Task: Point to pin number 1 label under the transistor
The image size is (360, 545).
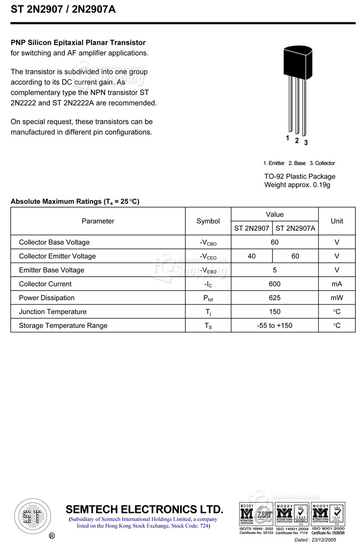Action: click(x=288, y=138)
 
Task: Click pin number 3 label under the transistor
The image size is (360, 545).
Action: click(x=306, y=142)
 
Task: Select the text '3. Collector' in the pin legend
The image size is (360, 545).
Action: click(x=322, y=163)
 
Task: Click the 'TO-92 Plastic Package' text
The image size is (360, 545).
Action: click(x=300, y=177)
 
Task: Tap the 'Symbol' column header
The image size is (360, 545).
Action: click(x=208, y=221)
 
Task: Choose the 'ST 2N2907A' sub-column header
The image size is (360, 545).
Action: click(x=295, y=228)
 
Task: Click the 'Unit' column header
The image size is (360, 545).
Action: click(x=337, y=221)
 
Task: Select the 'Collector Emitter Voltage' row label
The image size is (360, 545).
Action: click(x=57, y=256)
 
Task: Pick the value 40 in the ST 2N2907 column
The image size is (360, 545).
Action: click(x=252, y=256)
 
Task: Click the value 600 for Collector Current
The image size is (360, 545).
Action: click(x=275, y=284)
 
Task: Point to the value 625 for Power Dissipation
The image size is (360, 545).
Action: click(x=275, y=298)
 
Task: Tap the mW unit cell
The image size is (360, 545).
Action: click(x=337, y=298)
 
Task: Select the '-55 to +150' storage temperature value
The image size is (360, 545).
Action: click(x=275, y=326)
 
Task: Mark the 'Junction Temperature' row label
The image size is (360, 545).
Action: click(x=53, y=312)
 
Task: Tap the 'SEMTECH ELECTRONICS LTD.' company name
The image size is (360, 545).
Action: click(x=144, y=509)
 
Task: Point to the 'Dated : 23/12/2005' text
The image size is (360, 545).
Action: click(x=319, y=540)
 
